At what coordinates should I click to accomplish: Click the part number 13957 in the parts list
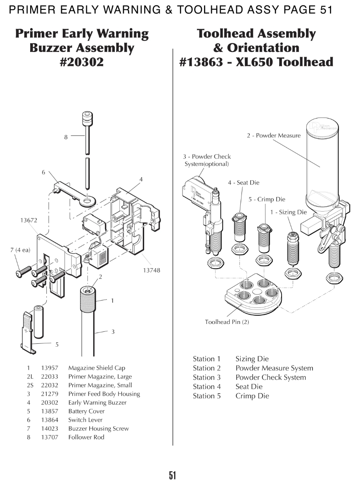pyautogui.click(x=50, y=368)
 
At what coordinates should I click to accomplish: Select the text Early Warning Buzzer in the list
pyautogui.click(x=97, y=403)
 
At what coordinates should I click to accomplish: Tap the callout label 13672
pyautogui.click(x=29, y=220)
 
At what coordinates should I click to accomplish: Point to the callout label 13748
pyautogui.click(x=152, y=270)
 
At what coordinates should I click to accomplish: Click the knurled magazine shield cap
pyautogui.click(x=88, y=299)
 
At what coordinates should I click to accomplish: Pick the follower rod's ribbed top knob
pyautogui.click(x=87, y=118)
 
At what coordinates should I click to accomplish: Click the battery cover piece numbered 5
pyautogui.click(x=27, y=333)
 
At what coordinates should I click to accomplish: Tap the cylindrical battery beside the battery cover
pyautogui.click(x=39, y=321)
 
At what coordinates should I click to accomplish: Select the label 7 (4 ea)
pyautogui.click(x=20, y=250)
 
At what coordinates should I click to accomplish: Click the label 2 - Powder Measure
pyautogui.click(x=274, y=135)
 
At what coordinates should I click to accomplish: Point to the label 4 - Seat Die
pyautogui.click(x=243, y=183)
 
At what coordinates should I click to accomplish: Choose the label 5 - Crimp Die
pyautogui.click(x=267, y=199)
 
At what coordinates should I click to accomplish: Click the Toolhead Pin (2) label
pyautogui.click(x=227, y=322)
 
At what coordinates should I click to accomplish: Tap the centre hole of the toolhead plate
pyautogui.click(x=257, y=292)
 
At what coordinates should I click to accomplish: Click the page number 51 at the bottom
pyautogui.click(x=173, y=475)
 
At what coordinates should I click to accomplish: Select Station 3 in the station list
pyautogui.click(x=206, y=377)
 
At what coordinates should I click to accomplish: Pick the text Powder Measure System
pyautogui.click(x=274, y=369)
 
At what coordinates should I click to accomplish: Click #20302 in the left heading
pyautogui.click(x=81, y=62)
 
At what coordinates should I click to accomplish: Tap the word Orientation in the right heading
pyautogui.click(x=263, y=48)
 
